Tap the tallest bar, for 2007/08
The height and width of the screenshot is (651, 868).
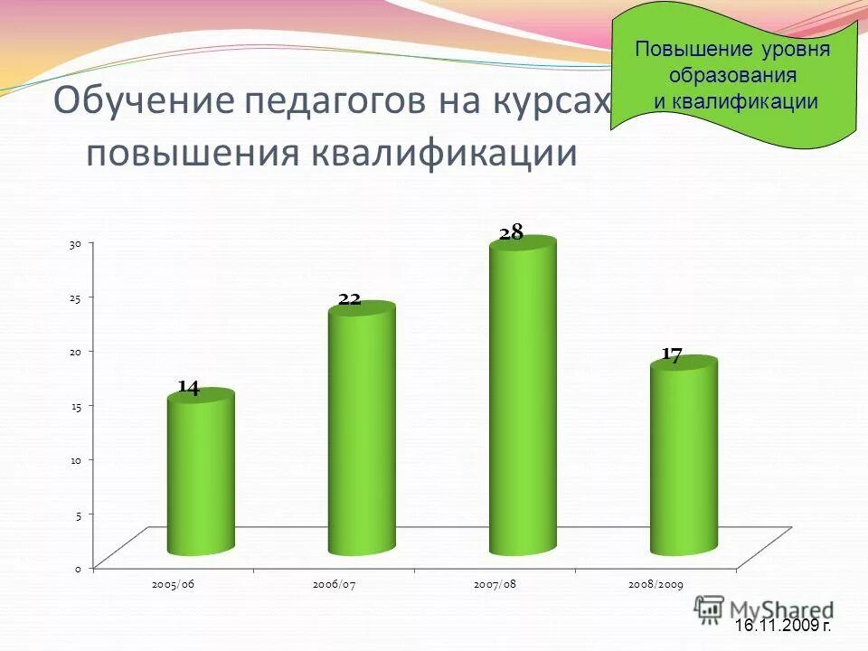[523, 398]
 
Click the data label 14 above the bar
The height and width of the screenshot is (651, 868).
[188, 388]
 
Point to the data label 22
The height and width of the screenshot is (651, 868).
[350, 299]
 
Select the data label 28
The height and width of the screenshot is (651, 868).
[511, 232]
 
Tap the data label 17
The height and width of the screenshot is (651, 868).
[671, 355]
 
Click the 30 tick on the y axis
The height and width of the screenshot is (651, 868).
[77, 244]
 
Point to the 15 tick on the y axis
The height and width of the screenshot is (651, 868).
[77, 406]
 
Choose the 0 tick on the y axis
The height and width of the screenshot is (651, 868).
[79, 569]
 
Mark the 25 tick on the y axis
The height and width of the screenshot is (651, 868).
[77, 297]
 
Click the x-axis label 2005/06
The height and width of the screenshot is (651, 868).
[174, 586]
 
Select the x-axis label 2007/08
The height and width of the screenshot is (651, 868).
[495, 586]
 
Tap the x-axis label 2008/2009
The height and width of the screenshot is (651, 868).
[656, 586]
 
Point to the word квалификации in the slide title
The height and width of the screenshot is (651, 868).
[443, 153]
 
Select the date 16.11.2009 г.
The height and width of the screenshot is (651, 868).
[782, 626]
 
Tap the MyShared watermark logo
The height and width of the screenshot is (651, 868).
[764, 609]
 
